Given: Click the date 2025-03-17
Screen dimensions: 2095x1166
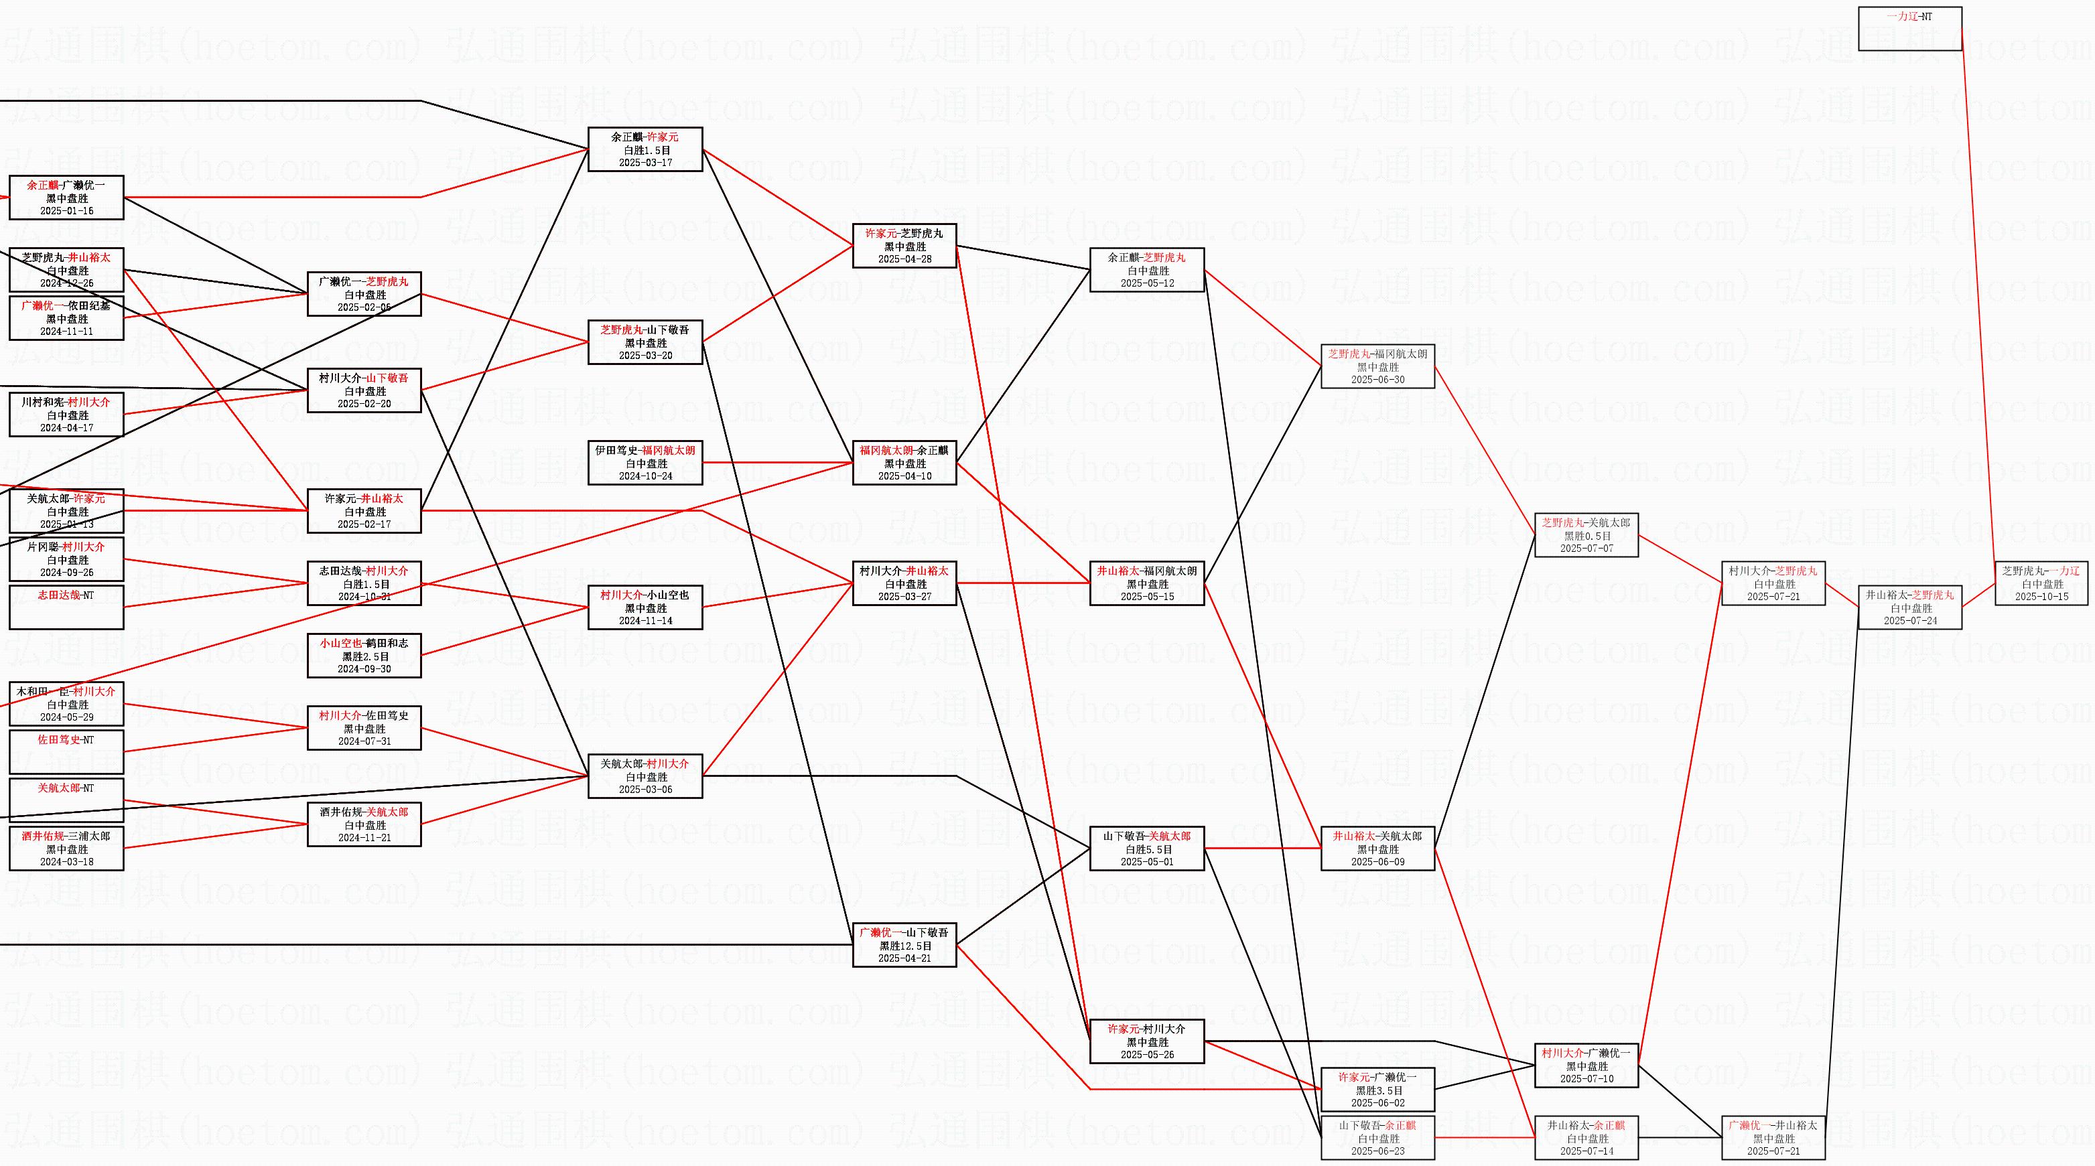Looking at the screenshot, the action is [645, 163].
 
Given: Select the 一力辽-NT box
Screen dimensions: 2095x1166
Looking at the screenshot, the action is [1909, 28].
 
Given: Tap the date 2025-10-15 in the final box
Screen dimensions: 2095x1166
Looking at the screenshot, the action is [2041, 597].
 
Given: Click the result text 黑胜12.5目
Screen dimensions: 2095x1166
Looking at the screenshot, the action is [904, 946].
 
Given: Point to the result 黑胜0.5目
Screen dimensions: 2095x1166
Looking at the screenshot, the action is [1586, 536].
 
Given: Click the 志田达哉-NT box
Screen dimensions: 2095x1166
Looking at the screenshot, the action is [66, 607].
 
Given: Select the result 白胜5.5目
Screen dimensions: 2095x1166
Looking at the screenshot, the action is [1147, 849].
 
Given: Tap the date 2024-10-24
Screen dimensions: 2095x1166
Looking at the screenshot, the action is [645, 476].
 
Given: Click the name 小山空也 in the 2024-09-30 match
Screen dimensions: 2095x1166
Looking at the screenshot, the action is [340, 643].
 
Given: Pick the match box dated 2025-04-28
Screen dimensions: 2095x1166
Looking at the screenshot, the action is [904, 246].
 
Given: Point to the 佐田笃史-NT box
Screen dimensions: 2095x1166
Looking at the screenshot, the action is [66, 751].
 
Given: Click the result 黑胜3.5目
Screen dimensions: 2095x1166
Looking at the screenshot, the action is [1377, 1090].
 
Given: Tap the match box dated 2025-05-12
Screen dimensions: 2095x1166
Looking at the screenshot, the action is [1147, 270].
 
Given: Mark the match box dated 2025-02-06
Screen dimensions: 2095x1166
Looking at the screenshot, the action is [364, 294].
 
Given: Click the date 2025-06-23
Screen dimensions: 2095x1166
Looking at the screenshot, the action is [1377, 1151].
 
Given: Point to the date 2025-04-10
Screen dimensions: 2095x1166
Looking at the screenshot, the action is [904, 476].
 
